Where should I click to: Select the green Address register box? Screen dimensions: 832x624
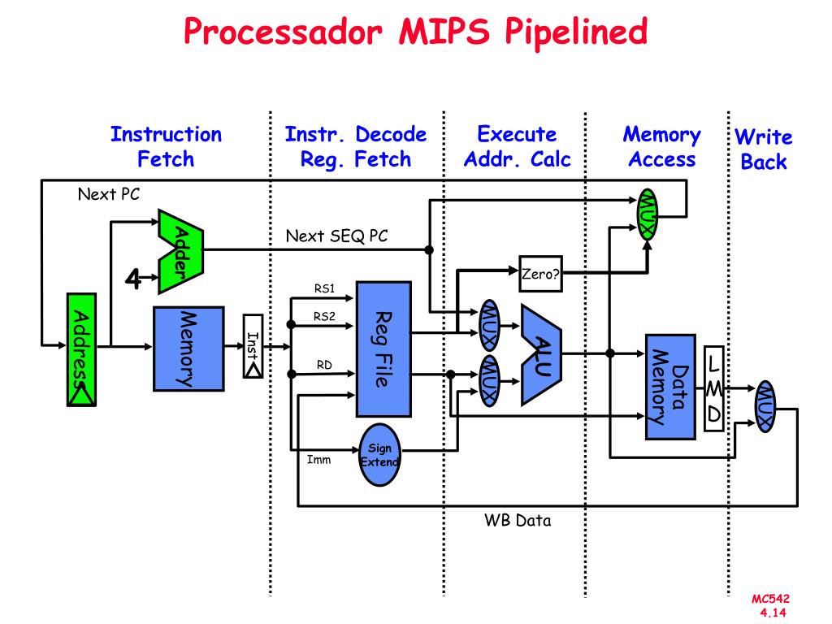tap(81, 349)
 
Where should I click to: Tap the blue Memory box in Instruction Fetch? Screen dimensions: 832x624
tap(188, 349)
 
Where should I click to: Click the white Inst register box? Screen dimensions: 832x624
tap(253, 346)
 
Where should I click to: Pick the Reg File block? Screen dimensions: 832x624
tap(383, 349)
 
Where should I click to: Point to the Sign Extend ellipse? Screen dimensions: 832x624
tap(379, 455)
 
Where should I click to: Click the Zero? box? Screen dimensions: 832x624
tap(540, 274)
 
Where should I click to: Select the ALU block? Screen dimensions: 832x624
tap(541, 354)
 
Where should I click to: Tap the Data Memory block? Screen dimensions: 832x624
tap(670, 387)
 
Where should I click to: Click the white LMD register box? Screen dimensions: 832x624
tap(713, 388)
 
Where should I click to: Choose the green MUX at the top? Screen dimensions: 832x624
tap(648, 214)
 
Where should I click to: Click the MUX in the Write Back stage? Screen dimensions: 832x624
tap(765, 406)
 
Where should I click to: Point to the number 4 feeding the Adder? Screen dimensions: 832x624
tap(132, 278)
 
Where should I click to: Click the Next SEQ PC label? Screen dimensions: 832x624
tap(337, 236)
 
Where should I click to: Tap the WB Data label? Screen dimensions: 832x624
tap(518, 520)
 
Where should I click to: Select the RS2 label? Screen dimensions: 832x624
tap(324, 316)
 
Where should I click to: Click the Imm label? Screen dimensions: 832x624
tap(318, 460)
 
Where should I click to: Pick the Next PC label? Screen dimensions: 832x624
tap(109, 194)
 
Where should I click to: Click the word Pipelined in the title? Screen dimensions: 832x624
tap(576, 32)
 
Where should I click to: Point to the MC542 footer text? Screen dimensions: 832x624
tap(770, 599)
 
